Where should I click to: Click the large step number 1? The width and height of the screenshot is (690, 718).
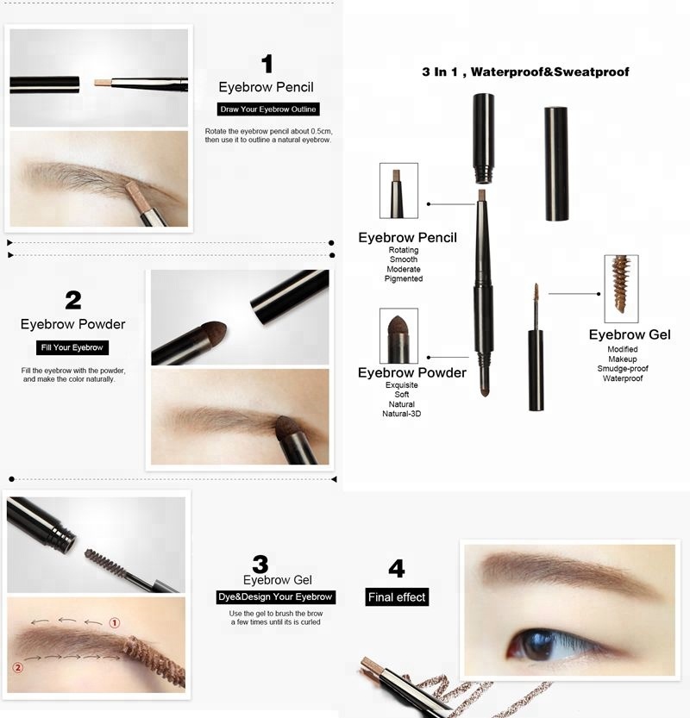[x=267, y=64]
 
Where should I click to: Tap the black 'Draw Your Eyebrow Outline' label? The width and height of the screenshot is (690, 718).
[x=268, y=109]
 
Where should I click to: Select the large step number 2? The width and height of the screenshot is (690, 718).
[x=73, y=300]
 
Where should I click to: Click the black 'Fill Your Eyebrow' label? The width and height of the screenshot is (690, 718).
[x=72, y=347]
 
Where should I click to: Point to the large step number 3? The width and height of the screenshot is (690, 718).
[x=260, y=564]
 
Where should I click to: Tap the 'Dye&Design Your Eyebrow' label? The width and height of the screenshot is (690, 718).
[x=275, y=596]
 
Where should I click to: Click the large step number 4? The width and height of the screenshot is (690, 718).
[x=397, y=569]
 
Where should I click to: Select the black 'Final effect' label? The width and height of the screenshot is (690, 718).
[x=397, y=596]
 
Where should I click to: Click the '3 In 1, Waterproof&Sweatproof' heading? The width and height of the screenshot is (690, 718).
[x=525, y=72]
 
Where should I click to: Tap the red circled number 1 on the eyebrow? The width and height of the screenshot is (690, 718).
[x=114, y=622]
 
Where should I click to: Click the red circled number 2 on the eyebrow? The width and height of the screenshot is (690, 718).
[x=16, y=667]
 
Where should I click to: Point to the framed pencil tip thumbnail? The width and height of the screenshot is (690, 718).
[x=398, y=190]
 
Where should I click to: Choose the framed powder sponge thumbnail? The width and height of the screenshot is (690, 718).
[x=398, y=335]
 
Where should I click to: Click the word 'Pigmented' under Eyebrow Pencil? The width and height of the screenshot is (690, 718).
[x=405, y=278]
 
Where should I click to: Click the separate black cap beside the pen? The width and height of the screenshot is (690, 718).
[x=555, y=164]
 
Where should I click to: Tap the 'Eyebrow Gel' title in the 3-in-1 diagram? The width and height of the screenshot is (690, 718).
[x=630, y=334]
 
